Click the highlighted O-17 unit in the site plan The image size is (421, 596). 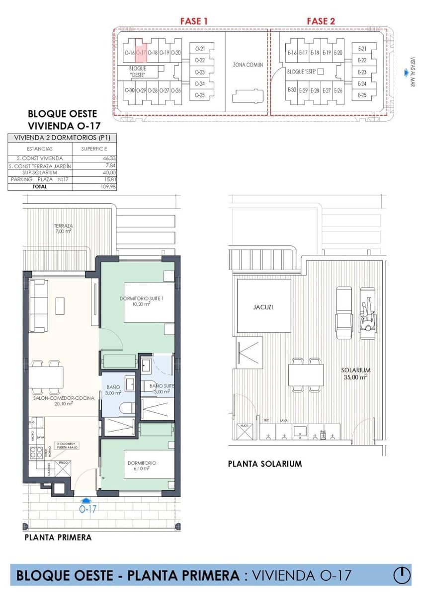point(141,51)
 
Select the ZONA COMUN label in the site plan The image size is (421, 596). point(248,65)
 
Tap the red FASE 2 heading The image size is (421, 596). point(321,21)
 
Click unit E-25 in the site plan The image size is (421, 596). point(362,95)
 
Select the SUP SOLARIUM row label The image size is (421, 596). point(40,172)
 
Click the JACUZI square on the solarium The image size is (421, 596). point(263,306)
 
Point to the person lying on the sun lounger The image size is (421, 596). point(367,314)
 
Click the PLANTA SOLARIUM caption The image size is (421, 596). point(264,464)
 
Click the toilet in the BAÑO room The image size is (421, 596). point(126,408)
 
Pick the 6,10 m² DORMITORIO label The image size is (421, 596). point(142,466)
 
